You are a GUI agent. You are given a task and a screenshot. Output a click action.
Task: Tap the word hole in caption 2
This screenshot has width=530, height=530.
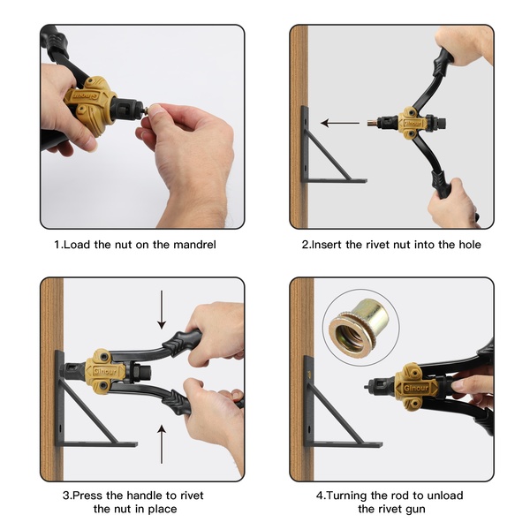pyautogui.click(x=470, y=245)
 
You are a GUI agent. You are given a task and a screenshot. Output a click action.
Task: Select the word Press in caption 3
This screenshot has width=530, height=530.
pyautogui.click(x=87, y=496)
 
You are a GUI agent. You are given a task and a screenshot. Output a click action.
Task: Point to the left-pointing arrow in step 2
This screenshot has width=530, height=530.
pyautogui.click(x=340, y=123)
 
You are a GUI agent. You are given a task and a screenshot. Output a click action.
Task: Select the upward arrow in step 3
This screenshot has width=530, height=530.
pyautogui.click(x=162, y=444)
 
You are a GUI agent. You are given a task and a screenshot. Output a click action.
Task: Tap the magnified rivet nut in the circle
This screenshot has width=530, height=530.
pyautogui.click(x=360, y=326)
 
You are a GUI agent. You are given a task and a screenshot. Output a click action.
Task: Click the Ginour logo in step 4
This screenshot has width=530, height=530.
pyautogui.click(x=416, y=388)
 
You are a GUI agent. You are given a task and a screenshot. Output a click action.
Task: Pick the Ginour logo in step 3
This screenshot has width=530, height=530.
pyautogui.click(x=105, y=371)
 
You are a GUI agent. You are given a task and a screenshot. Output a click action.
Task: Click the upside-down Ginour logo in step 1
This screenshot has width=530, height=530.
pyautogui.click(x=85, y=95)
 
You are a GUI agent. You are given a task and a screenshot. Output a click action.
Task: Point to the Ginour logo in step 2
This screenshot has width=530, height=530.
pyautogui.click(x=413, y=124)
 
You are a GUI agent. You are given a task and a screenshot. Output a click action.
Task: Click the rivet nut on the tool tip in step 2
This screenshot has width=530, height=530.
pyautogui.click(x=372, y=123)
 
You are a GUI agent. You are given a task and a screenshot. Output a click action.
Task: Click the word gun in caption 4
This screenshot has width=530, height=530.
pyautogui.click(x=414, y=510)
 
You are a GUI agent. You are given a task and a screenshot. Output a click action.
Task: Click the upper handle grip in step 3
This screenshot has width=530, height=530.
pyautogui.click(x=181, y=342)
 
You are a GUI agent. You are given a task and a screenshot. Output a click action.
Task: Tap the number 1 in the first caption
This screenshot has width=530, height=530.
pyautogui.click(x=57, y=245)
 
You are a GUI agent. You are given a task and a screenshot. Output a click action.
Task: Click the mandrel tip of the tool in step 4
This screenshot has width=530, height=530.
pyautogui.click(x=366, y=387)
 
